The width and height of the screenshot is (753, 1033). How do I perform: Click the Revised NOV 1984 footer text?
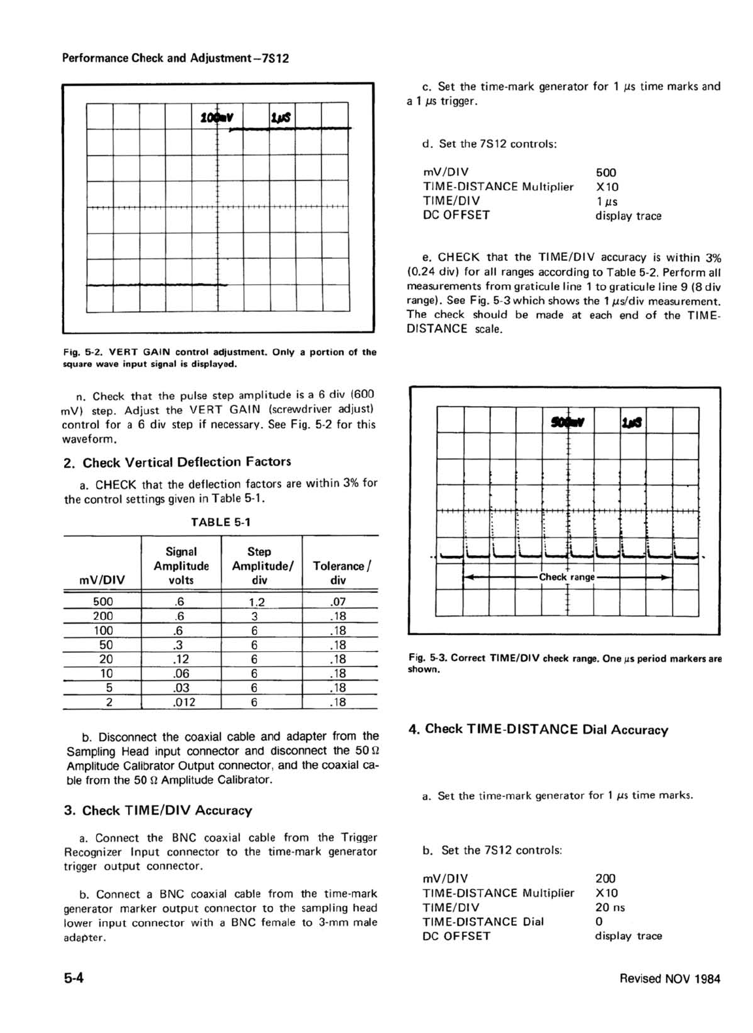coord(670,979)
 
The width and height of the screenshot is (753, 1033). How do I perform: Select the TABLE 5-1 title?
coord(220,522)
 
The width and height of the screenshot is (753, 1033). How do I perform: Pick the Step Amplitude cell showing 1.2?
coord(256,602)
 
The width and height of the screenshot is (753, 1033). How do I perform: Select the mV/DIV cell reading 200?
coord(103,616)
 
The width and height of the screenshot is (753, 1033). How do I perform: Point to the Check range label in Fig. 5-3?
coord(566,577)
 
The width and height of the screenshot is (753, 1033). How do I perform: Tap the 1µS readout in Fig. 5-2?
coord(281,118)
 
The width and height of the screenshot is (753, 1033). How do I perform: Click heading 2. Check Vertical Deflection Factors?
coord(177,462)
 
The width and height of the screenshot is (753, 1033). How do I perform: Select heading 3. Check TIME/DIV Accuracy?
coord(158,811)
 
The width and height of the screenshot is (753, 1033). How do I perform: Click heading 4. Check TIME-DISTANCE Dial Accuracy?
coord(538,730)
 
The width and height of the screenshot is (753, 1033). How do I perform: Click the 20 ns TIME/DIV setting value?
coord(610,907)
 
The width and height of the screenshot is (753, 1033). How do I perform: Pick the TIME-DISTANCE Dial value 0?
coord(599,922)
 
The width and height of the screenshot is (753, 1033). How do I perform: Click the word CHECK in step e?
coord(458,258)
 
